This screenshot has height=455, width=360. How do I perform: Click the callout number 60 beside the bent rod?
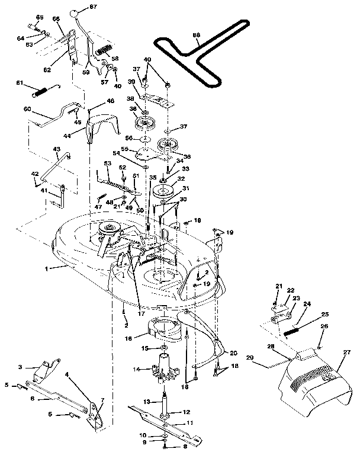(27, 109)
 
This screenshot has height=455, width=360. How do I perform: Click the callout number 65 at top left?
(40, 18)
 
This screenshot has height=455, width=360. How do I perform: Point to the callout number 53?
(107, 163)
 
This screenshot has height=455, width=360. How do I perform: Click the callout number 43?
(57, 149)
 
